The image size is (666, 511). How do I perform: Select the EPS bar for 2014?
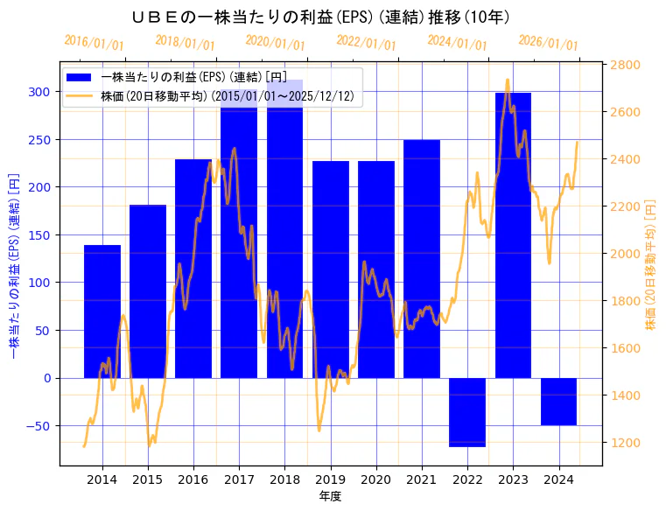point(102,311)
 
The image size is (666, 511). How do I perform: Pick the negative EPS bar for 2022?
point(467,412)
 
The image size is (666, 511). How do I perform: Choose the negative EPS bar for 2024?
point(558,402)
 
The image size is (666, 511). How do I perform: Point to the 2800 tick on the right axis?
point(625,65)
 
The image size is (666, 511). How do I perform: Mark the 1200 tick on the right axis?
point(625,443)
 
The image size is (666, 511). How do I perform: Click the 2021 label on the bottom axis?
point(422,479)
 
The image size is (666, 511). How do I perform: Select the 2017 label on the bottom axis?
point(239,479)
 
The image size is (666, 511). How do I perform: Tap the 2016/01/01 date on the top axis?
point(95,42)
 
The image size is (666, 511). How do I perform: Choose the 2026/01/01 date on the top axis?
point(549,42)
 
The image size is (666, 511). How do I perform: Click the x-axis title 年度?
point(331,496)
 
